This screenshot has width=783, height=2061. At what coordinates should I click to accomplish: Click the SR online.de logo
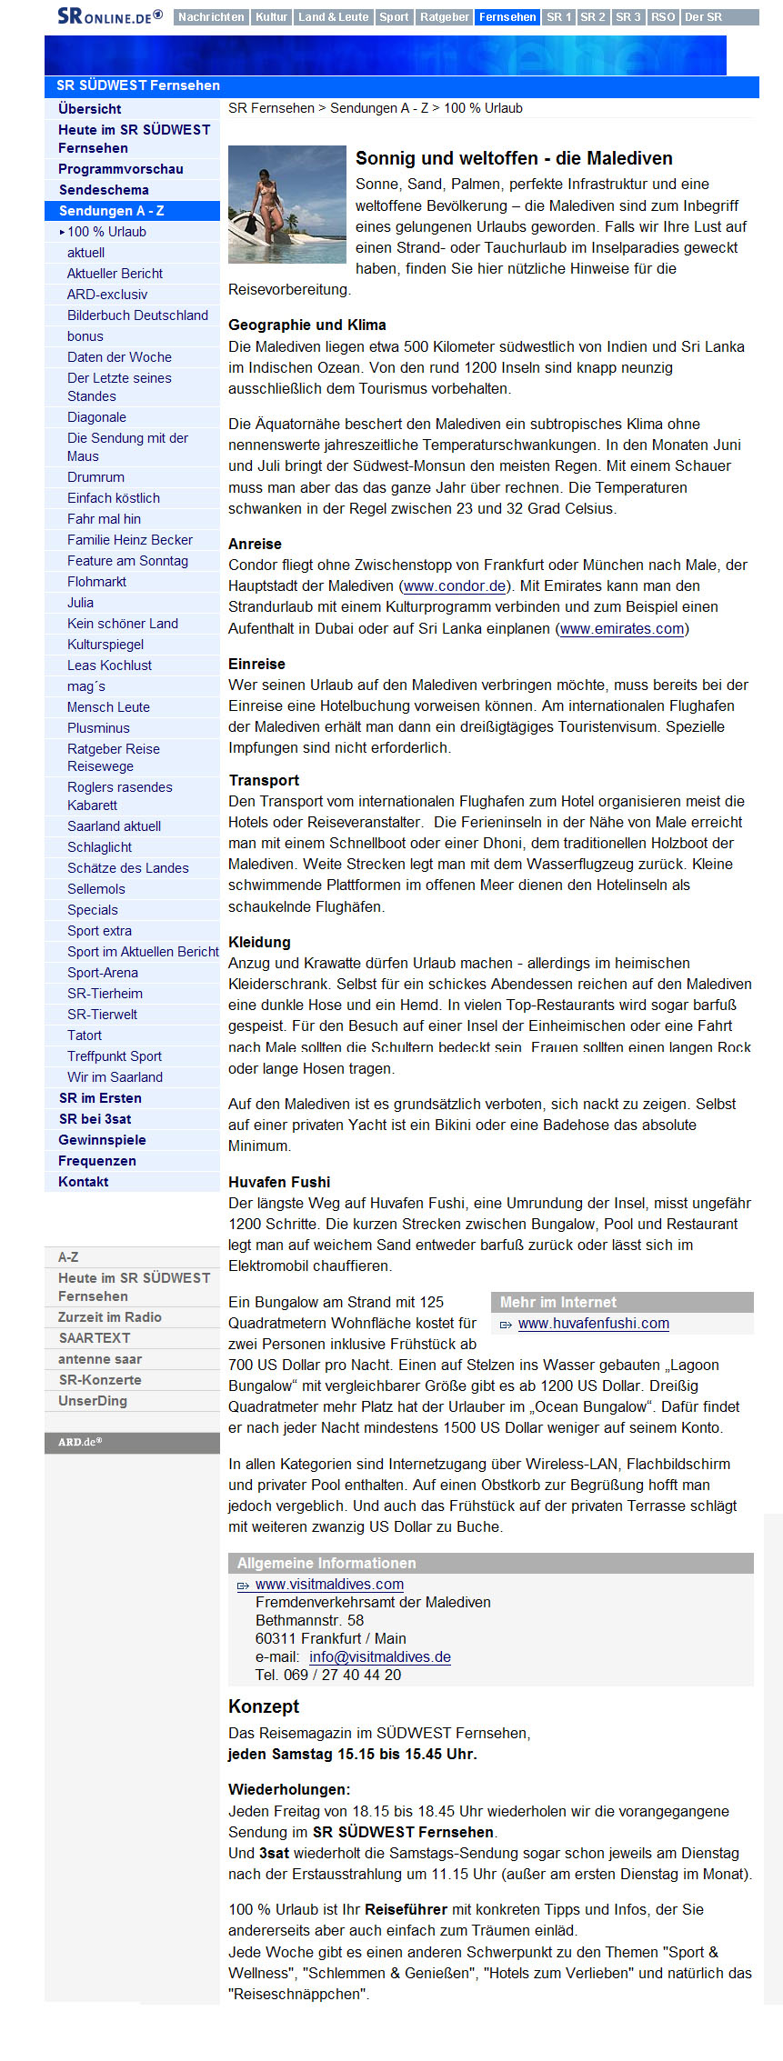point(109,16)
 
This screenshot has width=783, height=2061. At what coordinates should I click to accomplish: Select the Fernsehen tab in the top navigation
point(507,17)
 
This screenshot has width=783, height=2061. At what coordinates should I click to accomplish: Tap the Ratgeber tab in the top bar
point(445,17)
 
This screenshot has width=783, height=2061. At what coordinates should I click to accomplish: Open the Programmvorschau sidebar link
point(121,169)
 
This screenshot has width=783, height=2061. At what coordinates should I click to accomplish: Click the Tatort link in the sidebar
point(85,1036)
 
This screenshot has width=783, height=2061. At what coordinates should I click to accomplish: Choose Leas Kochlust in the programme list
point(109,665)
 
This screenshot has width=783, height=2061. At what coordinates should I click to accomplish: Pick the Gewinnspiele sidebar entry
point(102,1140)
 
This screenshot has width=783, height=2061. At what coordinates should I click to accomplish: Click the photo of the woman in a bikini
point(286,205)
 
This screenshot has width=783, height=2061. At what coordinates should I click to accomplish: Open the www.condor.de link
point(455,586)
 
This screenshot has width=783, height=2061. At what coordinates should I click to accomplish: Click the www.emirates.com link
point(622,629)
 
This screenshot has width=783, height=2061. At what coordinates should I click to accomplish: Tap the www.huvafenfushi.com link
point(593,1324)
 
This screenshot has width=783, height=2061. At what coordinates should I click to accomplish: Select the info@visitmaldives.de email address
point(379,1656)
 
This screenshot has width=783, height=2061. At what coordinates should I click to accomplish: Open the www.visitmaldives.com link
point(329,1584)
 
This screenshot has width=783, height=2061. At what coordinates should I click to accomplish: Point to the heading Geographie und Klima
point(306,325)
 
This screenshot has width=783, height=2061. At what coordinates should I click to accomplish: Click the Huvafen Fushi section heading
point(279,1182)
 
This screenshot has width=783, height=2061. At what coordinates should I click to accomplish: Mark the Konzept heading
point(264,1706)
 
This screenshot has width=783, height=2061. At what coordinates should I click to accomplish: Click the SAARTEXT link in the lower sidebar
point(94,1338)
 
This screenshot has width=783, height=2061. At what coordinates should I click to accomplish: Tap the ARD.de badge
point(81,1442)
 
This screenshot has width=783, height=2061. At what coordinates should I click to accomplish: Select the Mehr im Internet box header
point(558,1302)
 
